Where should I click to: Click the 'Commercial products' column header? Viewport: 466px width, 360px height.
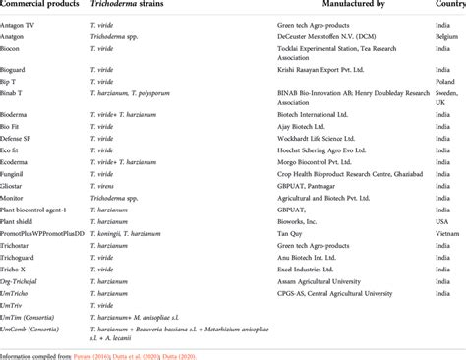point(43,6)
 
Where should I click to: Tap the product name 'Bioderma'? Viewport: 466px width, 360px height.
point(18,115)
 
